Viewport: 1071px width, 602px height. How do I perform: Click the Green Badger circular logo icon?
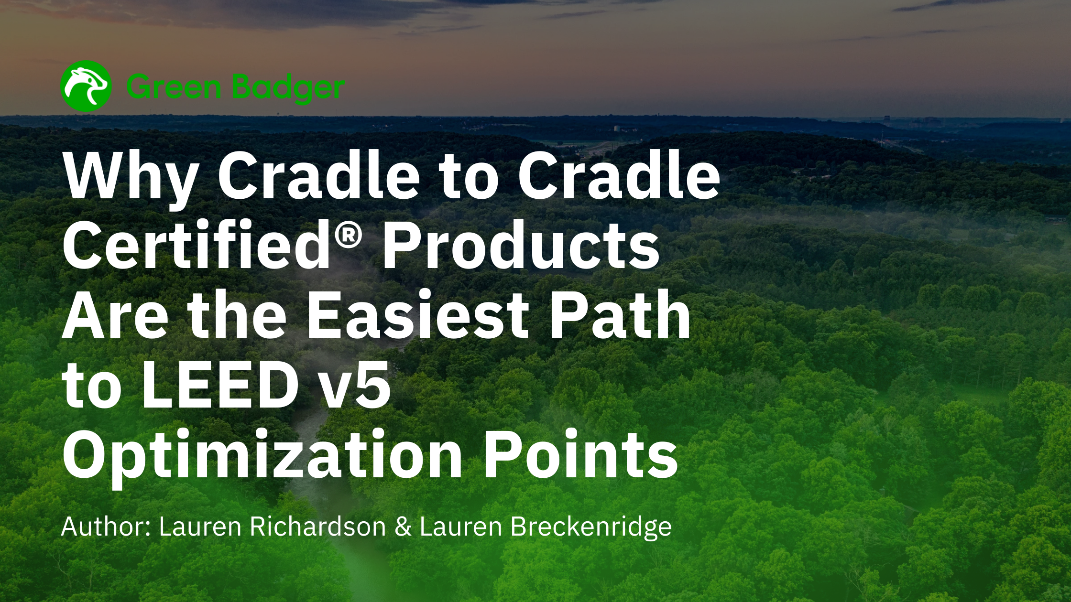87,86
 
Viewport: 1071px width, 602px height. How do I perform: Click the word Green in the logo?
175,87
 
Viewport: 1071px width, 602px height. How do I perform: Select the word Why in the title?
129,180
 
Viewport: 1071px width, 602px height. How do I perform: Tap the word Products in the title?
521,246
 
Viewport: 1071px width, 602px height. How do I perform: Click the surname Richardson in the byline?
318,527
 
